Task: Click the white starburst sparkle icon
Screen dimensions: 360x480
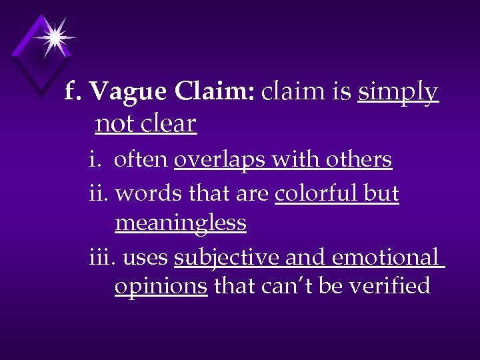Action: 53,37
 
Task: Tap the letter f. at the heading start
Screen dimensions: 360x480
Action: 73,93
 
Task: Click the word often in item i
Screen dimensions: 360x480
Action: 142,160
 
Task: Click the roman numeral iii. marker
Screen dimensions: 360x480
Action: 103,257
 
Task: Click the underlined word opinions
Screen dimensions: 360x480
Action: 161,287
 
